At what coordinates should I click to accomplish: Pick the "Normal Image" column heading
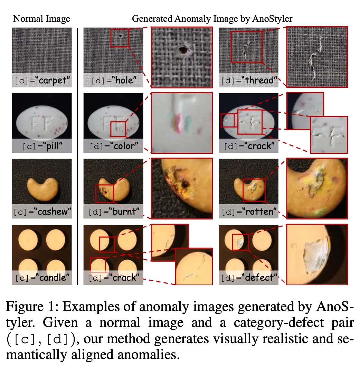[x=41, y=19]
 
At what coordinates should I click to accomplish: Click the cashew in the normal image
[x=41, y=188]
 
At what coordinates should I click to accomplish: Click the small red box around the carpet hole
[x=120, y=38]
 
